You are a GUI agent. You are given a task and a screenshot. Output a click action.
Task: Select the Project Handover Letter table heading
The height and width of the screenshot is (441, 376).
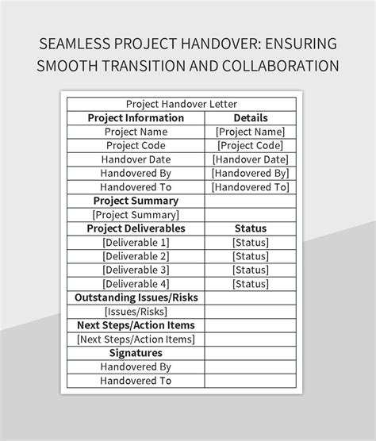coord(182,104)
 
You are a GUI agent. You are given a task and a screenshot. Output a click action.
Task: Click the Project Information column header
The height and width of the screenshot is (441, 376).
coord(136,118)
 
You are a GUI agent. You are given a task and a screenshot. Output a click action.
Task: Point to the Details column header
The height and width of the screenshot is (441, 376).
coord(251,118)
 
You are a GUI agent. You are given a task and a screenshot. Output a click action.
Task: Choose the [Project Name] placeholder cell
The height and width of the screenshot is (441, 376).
coord(251,132)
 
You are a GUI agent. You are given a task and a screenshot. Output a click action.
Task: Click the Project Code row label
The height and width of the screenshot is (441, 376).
coord(136,146)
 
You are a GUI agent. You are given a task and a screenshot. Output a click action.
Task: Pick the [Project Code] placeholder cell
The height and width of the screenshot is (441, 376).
coord(251,146)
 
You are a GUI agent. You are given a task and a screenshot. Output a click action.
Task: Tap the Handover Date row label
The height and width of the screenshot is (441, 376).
coord(136,159)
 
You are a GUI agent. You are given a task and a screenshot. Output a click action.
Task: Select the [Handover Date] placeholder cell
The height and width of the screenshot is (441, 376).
coord(251,159)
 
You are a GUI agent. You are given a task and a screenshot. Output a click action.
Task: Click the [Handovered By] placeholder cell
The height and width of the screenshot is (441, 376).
coord(251,173)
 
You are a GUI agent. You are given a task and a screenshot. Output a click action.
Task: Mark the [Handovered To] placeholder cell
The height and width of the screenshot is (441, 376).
coord(251,187)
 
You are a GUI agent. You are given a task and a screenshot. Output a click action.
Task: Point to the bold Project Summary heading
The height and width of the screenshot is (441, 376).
coord(136,201)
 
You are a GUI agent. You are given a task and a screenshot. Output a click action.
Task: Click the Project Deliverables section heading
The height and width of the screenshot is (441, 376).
coord(136,228)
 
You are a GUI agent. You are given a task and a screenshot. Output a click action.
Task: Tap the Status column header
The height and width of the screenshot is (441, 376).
coord(251,228)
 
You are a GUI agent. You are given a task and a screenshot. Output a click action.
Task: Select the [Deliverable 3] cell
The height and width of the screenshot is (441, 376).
coord(136,270)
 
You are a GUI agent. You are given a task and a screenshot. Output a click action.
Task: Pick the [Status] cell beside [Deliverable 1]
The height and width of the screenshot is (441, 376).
coord(251,242)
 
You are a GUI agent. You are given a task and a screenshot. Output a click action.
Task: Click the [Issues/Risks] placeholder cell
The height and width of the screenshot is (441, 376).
coord(136,311)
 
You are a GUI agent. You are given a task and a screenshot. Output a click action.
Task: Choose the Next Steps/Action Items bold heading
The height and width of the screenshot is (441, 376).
coord(136,325)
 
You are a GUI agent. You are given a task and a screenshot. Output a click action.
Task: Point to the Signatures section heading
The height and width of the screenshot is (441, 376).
coord(136,353)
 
